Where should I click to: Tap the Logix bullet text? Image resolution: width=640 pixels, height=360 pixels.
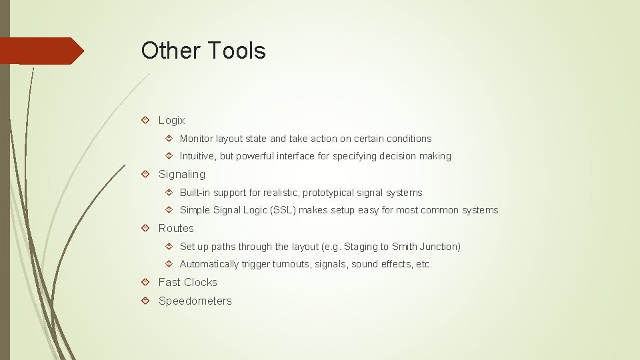pos(171,121)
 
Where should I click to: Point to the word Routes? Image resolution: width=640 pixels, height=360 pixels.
pos(176,229)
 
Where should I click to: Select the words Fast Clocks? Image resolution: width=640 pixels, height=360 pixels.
pos(187,283)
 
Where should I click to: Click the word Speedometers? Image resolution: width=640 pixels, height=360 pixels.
pos(195,301)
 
